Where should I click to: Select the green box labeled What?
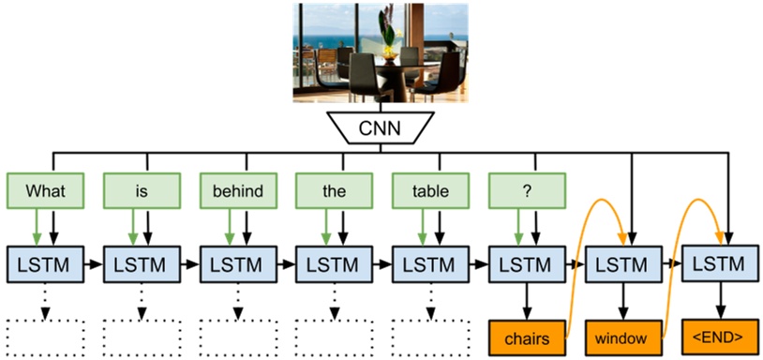(45, 191)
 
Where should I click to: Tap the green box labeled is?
(142, 191)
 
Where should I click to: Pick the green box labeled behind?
(237, 191)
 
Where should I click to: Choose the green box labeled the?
(335, 191)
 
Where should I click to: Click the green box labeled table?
(430, 191)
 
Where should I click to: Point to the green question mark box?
(527, 191)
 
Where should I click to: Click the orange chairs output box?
(527, 334)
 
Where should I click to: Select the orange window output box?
(623, 334)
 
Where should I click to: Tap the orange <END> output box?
(719, 334)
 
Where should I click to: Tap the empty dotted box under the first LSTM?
(45, 335)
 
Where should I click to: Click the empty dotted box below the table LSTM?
(430, 335)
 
